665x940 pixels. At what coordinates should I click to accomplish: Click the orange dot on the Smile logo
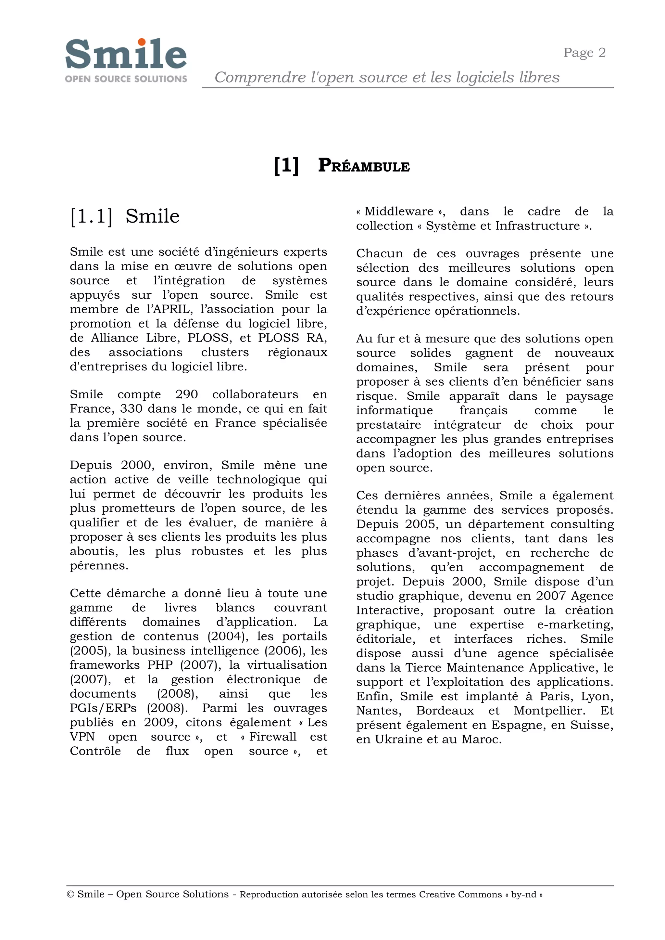click(x=142, y=42)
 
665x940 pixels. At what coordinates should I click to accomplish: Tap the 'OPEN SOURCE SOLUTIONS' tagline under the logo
click(x=126, y=79)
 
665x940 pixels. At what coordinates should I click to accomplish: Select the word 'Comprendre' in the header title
click(x=260, y=77)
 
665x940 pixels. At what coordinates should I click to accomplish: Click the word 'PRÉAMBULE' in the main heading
click(x=364, y=166)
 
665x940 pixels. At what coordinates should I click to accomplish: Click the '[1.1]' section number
click(x=91, y=217)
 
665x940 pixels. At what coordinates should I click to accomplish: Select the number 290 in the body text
click(x=186, y=394)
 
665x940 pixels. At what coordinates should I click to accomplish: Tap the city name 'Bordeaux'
click(x=445, y=711)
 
